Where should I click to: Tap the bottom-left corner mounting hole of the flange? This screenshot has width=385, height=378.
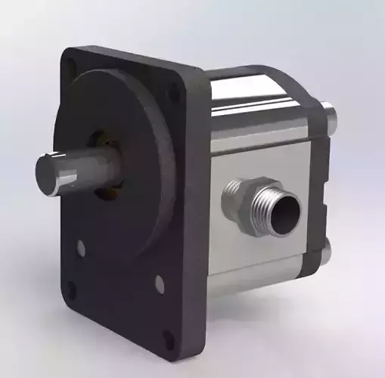[x=70, y=290]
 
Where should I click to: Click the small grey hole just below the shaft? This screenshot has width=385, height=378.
[x=82, y=246]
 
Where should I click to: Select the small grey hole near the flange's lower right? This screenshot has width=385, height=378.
[x=160, y=283]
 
